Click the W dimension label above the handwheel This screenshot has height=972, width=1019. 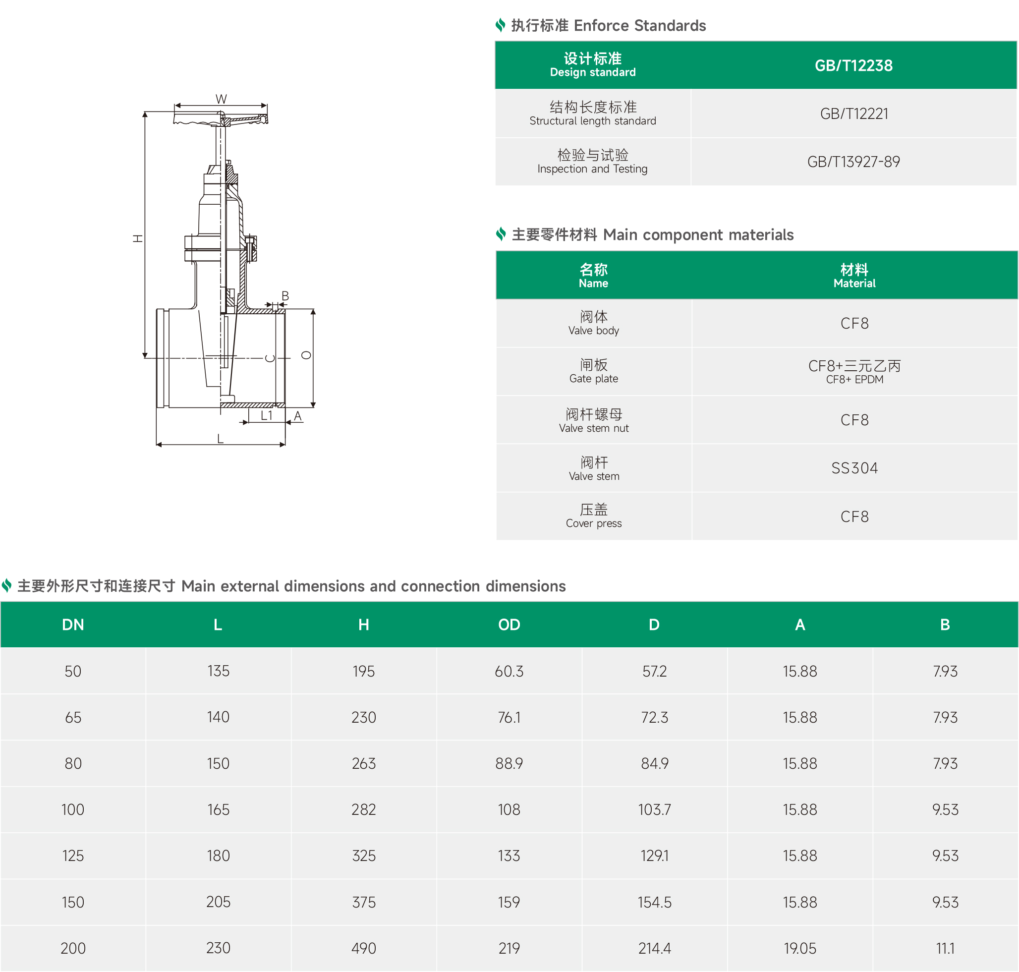pyautogui.click(x=221, y=99)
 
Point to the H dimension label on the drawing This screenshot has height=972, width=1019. pyautogui.click(x=137, y=238)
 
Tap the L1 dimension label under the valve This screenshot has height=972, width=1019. pyautogui.click(x=266, y=415)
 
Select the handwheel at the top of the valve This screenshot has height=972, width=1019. pyautogui.click(x=221, y=118)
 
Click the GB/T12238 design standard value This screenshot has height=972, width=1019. pyautogui.click(x=853, y=66)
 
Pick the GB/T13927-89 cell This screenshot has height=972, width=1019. pyautogui.click(x=853, y=162)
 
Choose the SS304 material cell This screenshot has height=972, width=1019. pyautogui.click(x=854, y=468)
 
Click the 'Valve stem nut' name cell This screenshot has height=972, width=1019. pyautogui.click(x=594, y=420)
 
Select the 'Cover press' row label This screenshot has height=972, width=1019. pyautogui.click(x=594, y=516)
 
